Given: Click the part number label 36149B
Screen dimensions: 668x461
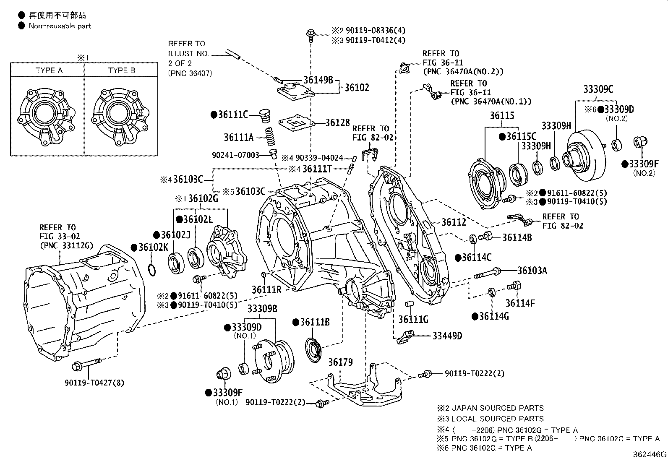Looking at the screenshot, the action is (x=318, y=80).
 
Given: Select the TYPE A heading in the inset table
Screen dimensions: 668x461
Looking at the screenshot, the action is (x=49, y=70).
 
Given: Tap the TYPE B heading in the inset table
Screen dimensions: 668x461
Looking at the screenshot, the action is (x=122, y=70).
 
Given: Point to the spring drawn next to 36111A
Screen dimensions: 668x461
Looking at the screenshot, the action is (x=269, y=137).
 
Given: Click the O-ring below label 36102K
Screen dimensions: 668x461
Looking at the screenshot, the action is (x=152, y=270).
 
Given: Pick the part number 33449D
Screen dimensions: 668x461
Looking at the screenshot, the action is (x=447, y=336).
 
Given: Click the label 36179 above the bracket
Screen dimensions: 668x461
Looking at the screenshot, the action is (x=340, y=362).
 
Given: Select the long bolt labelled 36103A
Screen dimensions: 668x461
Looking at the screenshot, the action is (x=487, y=273).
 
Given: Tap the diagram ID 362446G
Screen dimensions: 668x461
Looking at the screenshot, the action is (x=650, y=454).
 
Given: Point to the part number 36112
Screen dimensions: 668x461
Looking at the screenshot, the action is (x=454, y=222).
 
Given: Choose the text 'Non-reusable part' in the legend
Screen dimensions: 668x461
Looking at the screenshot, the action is (x=60, y=26).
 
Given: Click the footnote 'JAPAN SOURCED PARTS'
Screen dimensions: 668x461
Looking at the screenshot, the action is (x=498, y=408).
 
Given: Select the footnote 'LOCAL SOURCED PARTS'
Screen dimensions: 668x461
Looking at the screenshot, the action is (x=498, y=419).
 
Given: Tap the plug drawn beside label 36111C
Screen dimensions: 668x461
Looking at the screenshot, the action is (x=264, y=116).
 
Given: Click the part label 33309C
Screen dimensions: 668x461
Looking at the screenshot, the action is (x=598, y=89).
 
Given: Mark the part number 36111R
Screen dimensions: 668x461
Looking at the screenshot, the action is (x=266, y=289).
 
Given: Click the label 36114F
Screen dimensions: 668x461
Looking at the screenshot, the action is (x=520, y=303).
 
